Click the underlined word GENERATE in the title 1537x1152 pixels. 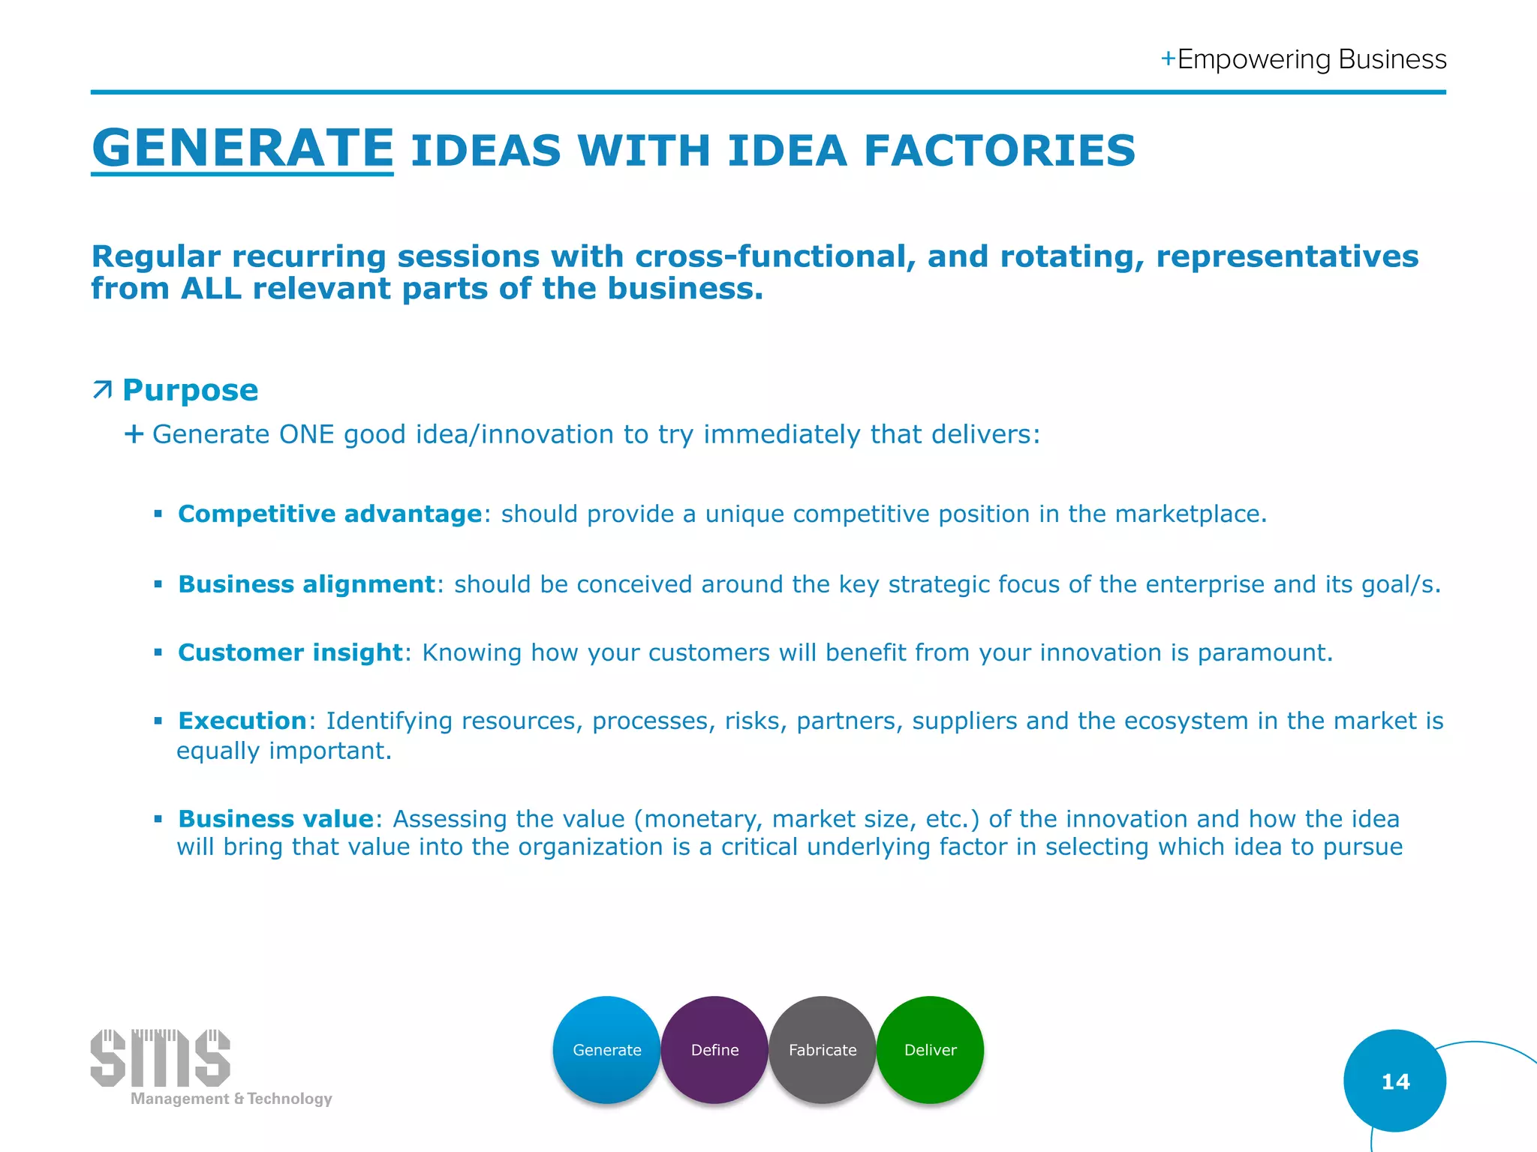click(x=242, y=148)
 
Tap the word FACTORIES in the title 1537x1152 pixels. click(x=999, y=151)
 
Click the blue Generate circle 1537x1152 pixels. click(x=606, y=1049)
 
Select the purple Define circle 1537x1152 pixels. click(x=714, y=1049)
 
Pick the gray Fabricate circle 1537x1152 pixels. click(x=823, y=1049)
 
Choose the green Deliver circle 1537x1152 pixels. click(x=930, y=1049)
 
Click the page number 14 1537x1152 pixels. click(x=1394, y=1081)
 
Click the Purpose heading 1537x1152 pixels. click(x=190, y=390)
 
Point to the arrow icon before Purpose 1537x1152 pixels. click(x=102, y=390)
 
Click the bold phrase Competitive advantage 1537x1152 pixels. click(x=329, y=514)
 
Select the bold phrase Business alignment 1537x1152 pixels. click(x=306, y=584)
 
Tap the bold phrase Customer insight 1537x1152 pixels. click(x=290, y=652)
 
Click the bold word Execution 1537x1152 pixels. click(x=242, y=721)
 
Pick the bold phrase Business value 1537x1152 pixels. click(x=275, y=819)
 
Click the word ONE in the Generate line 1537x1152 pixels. click(x=306, y=434)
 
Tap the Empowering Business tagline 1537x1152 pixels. click(x=1304, y=59)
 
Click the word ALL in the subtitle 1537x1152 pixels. click(x=211, y=289)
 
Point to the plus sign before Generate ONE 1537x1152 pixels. click(x=134, y=433)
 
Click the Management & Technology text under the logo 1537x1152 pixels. click(x=231, y=1099)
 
